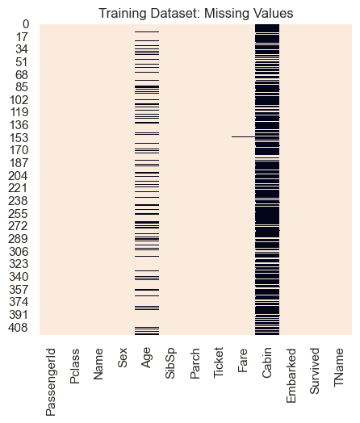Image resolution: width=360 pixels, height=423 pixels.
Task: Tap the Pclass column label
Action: [x=75, y=368]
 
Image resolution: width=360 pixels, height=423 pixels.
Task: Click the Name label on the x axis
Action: [x=99, y=366]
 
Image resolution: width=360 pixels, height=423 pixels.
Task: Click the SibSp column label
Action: [x=171, y=366]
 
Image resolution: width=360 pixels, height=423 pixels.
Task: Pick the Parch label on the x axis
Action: [x=195, y=366]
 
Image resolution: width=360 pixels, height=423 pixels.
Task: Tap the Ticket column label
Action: [x=219, y=367]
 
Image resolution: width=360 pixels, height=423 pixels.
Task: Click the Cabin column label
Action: [x=267, y=366]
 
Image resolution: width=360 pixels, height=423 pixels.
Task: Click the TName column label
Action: [x=339, y=368]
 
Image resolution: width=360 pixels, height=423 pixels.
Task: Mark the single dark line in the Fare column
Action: [x=243, y=136]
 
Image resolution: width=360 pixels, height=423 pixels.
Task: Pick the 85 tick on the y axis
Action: [x=24, y=87]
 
